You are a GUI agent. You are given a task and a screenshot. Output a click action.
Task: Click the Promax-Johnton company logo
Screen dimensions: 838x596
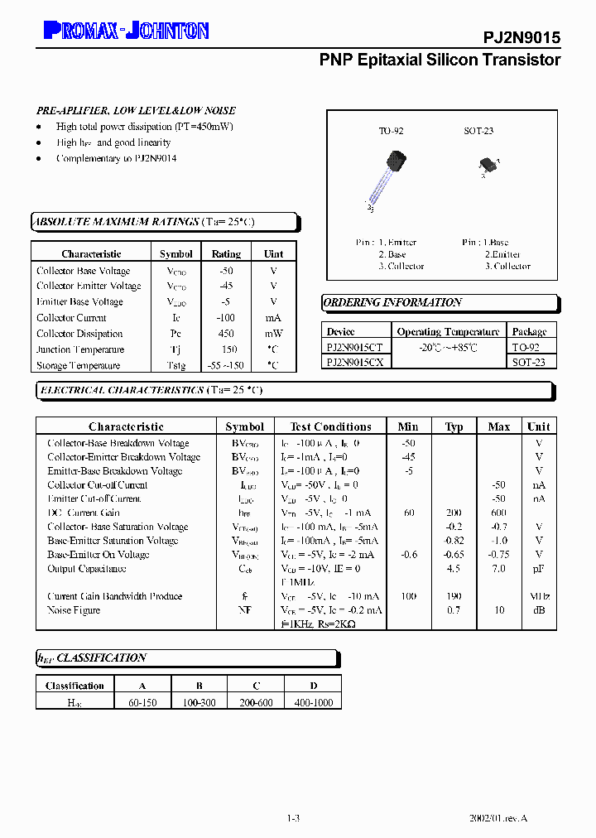(x=126, y=31)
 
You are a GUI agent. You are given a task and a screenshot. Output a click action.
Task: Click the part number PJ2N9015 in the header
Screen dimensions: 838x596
(x=521, y=38)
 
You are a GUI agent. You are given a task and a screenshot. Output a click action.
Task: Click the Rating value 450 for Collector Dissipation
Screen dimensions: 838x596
(x=226, y=334)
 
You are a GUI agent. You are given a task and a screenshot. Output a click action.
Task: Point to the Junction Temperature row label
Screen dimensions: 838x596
(x=79, y=349)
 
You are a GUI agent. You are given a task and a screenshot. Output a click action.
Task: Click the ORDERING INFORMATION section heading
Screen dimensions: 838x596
(x=392, y=303)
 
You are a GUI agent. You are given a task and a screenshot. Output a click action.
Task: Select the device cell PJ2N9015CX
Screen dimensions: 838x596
(x=354, y=363)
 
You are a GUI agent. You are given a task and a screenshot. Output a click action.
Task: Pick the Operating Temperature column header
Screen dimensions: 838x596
(x=448, y=331)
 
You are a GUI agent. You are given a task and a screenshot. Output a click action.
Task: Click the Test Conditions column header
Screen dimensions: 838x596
(x=330, y=426)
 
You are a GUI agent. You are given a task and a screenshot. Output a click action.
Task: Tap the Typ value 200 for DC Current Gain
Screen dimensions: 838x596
(x=454, y=513)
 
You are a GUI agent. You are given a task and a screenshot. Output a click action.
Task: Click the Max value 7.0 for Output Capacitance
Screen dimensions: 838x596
(x=498, y=569)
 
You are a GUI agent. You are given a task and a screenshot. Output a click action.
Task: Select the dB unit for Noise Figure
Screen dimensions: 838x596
(x=539, y=610)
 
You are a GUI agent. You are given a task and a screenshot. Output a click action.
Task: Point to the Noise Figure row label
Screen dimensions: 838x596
(x=74, y=610)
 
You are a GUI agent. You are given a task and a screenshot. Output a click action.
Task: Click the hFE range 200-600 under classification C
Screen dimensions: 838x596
(x=257, y=702)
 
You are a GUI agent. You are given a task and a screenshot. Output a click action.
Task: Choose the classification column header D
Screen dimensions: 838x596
(x=312, y=686)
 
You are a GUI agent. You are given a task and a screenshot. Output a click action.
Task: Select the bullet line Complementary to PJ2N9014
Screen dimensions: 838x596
(x=116, y=158)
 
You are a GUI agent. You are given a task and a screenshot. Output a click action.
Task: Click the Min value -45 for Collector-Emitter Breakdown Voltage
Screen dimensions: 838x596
(x=407, y=457)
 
